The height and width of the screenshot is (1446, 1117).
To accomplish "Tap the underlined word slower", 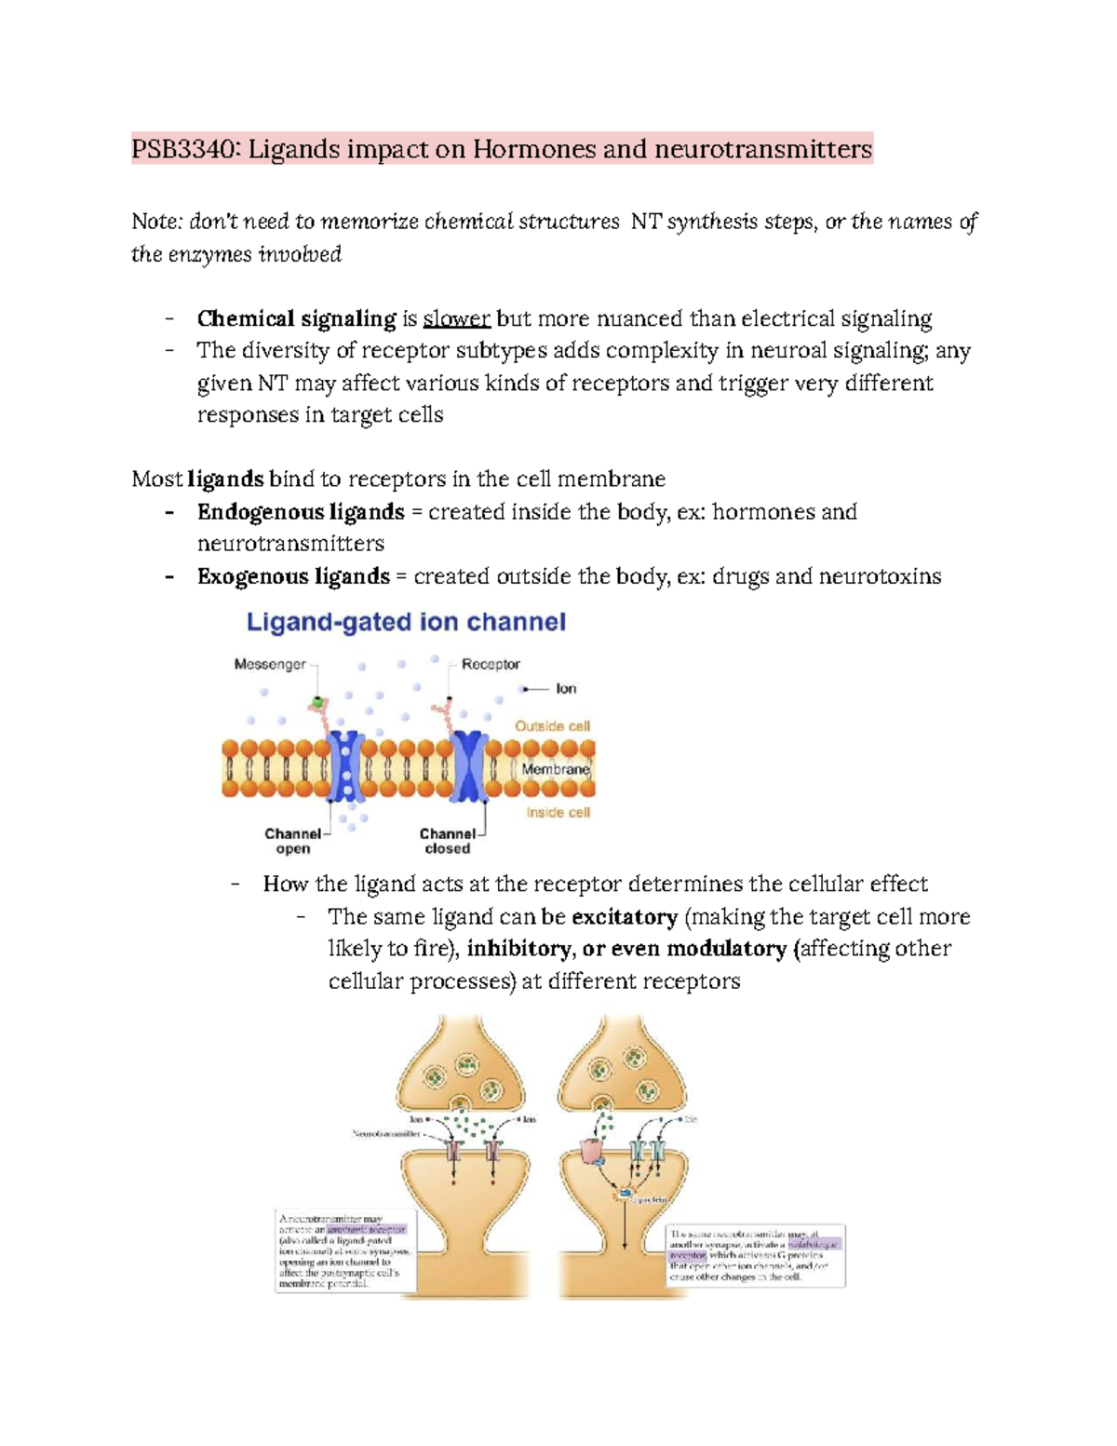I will [x=456, y=319].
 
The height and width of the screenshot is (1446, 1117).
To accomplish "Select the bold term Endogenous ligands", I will [x=300, y=512].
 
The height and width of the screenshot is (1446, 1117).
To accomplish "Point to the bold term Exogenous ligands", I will [x=293, y=576].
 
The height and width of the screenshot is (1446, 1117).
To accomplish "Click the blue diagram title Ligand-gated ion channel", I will [x=406, y=622].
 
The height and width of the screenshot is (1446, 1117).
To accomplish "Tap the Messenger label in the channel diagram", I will [x=269, y=664].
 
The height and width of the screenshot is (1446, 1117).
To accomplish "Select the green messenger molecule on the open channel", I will [x=317, y=701].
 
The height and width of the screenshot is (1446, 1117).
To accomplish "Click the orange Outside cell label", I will [x=552, y=725].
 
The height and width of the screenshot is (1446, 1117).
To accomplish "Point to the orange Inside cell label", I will [x=558, y=812].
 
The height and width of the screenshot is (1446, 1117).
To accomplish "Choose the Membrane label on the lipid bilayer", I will [x=555, y=769].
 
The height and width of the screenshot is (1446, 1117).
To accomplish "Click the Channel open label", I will [x=292, y=841].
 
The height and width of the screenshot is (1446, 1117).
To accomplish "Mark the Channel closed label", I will [x=447, y=841].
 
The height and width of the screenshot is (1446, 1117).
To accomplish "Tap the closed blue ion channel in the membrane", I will [x=470, y=766].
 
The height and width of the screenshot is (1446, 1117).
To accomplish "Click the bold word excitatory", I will [x=624, y=917].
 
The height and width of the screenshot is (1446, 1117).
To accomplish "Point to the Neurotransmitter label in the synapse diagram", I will [x=385, y=1134].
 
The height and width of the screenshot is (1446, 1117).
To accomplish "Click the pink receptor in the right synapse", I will [x=591, y=1152].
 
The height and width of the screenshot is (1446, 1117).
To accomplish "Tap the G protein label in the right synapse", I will [x=650, y=1199].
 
